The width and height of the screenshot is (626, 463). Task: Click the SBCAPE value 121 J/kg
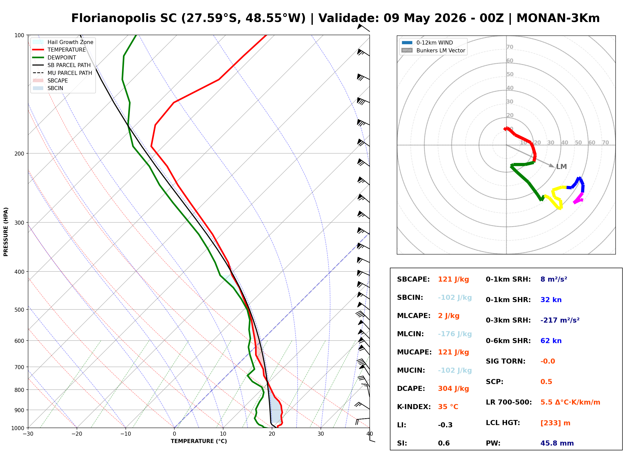[x=453, y=279]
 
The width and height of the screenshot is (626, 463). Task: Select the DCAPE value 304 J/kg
[x=453, y=389]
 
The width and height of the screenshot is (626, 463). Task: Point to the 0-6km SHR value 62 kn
[x=551, y=341]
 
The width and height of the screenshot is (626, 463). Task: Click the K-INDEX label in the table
[x=414, y=407]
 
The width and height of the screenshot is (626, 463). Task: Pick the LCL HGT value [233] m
[x=555, y=423]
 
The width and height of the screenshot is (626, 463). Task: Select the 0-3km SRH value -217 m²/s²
[x=560, y=320]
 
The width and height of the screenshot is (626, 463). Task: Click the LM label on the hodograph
[x=561, y=167]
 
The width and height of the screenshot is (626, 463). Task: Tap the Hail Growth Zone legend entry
[x=63, y=42]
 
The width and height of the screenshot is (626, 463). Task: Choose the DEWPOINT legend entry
[x=54, y=58]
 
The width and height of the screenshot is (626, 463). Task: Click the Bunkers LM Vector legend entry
[x=433, y=50]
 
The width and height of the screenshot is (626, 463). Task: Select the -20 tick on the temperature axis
[x=76, y=434]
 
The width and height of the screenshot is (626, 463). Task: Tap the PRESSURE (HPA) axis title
[x=6, y=232]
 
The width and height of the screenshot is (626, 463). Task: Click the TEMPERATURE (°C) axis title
[x=199, y=441]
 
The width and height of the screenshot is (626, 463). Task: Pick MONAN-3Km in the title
[x=558, y=18]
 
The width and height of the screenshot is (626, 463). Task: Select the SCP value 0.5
[x=546, y=382]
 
